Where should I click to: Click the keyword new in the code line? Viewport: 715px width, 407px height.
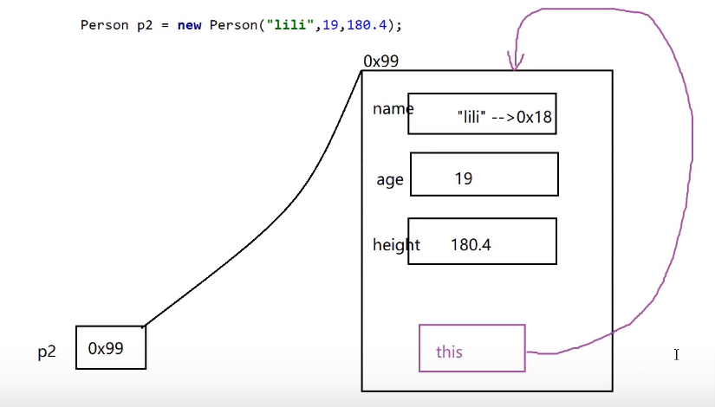pos(189,25)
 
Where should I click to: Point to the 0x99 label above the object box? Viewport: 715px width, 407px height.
pos(381,61)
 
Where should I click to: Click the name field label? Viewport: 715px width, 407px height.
pos(393,108)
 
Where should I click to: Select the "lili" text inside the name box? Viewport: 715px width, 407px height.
pos(470,117)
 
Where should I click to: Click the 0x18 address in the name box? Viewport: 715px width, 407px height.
pos(534,117)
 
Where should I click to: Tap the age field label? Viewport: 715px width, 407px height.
pos(390,180)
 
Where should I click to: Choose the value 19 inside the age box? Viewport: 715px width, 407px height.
pos(463,178)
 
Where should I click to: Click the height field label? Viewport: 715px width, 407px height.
pos(396,245)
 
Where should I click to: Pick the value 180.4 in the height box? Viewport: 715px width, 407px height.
pos(471,245)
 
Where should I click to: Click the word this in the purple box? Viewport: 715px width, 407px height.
pos(449,352)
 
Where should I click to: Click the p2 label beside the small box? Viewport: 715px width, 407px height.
pos(47,352)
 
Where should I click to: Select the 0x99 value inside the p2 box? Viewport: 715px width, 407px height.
pos(106,348)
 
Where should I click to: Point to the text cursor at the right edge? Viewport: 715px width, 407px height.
pos(676,353)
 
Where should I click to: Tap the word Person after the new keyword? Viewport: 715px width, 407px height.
pos(230,25)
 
